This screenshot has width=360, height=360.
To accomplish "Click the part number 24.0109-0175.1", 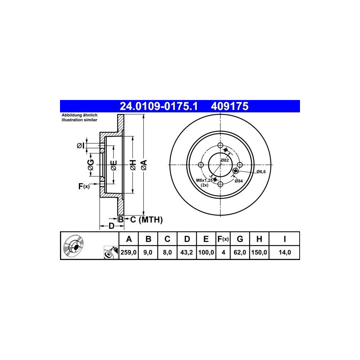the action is [x=159, y=106].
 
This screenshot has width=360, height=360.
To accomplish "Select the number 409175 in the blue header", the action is [x=230, y=106].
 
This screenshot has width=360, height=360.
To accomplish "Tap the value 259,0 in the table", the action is [x=128, y=252].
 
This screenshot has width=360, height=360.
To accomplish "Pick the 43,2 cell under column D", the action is [x=187, y=252].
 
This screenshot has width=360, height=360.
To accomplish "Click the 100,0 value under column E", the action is [x=206, y=252].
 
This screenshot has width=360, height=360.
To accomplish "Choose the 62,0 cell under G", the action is [x=240, y=252].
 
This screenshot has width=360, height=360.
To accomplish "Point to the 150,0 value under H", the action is [x=259, y=252].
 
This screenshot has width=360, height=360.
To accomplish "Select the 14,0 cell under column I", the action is [x=285, y=252].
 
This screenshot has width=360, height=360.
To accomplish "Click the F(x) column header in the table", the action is [x=223, y=239].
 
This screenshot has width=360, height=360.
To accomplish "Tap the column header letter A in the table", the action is [x=129, y=239].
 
